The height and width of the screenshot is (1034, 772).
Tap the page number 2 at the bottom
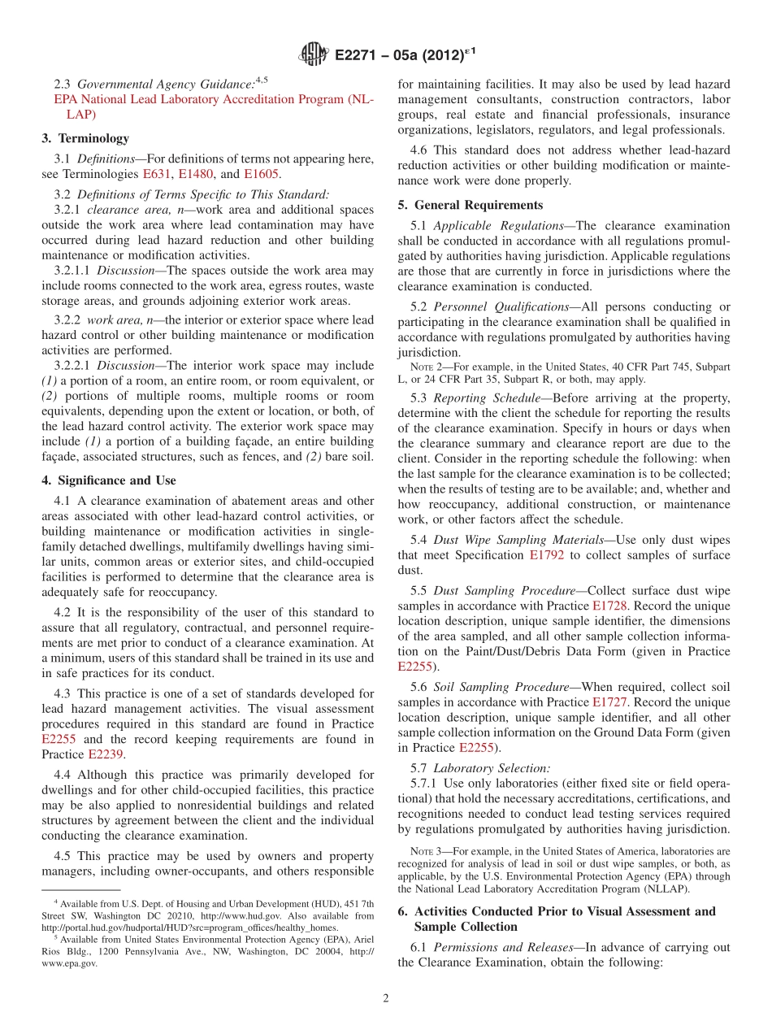(x=386, y=998)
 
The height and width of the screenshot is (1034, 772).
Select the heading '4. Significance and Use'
(x=109, y=480)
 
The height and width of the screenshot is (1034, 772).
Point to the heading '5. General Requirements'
(x=471, y=205)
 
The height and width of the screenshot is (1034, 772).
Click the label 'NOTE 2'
(x=427, y=367)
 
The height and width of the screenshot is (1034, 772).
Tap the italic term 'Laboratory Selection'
(x=491, y=767)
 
